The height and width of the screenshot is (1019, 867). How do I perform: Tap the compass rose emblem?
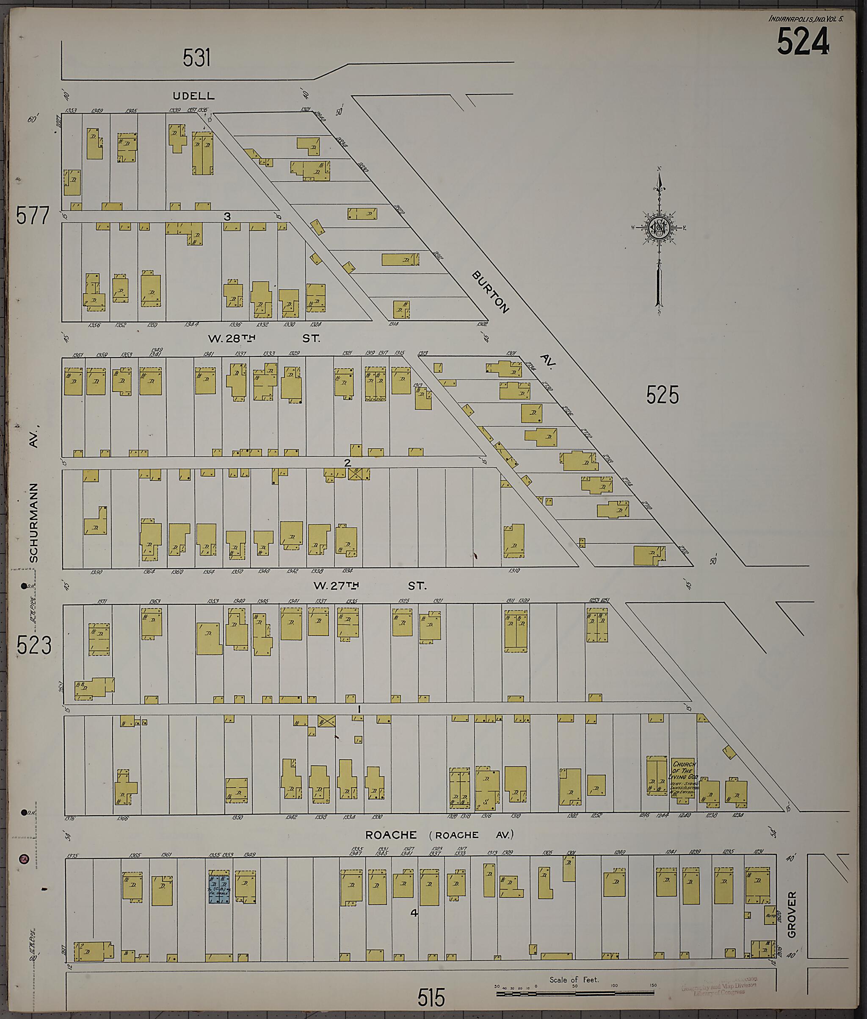click(x=657, y=227)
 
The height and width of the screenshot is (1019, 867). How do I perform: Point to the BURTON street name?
click(x=490, y=292)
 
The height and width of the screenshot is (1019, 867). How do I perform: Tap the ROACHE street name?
click(x=391, y=835)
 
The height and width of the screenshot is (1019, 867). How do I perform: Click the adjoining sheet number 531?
click(x=196, y=58)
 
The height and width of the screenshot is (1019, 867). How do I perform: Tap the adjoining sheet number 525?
click(x=662, y=394)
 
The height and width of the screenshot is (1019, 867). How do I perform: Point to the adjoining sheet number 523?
click(x=33, y=645)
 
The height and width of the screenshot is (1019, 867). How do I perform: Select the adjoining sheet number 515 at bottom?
click(x=431, y=998)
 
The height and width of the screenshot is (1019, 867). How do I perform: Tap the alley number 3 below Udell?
click(x=227, y=217)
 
